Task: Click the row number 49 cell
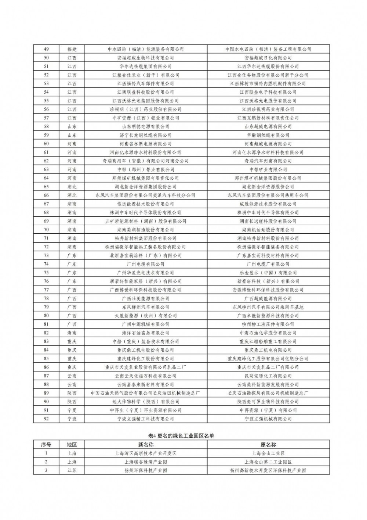(46, 49)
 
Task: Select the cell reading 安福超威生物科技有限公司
(145, 58)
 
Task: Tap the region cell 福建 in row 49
(72, 49)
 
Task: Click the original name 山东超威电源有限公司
(268, 126)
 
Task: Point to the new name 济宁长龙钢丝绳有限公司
(145, 135)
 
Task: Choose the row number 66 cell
(46, 195)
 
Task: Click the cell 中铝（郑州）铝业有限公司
(145, 169)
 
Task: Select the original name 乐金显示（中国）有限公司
(268, 273)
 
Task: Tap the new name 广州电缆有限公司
(145, 264)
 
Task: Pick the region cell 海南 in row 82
(72, 333)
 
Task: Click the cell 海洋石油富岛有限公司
(145, 333)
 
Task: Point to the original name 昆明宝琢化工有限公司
(268, 376)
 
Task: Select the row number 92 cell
(46, 419)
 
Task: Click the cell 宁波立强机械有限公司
(268, 419)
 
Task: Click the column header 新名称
(145, 445)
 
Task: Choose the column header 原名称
(268, 445)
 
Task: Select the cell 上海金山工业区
(268, 453)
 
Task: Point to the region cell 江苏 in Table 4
(72, 470)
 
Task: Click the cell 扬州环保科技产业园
(145, 470)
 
